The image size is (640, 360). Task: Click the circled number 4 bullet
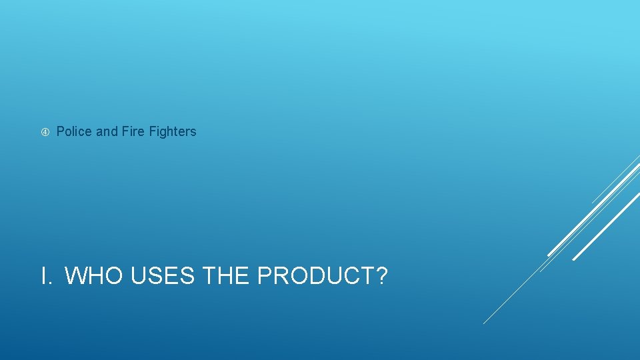click(x=44, y=132)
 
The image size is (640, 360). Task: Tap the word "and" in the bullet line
click(x=107, y=132)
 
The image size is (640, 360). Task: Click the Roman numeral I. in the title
click(x=47, y=275)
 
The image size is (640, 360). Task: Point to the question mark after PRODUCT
click(x=381, y=275)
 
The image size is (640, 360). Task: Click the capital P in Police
click(x=61, y=132)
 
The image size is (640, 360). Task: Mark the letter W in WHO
click(x=78, y=275)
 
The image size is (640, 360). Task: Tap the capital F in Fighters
click(x=151, y=132)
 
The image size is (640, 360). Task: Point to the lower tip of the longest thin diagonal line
click(x=484, y=323)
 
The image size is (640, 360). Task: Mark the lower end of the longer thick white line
click(x=549, y=255)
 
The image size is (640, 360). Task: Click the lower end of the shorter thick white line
click(x=575, y=259)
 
